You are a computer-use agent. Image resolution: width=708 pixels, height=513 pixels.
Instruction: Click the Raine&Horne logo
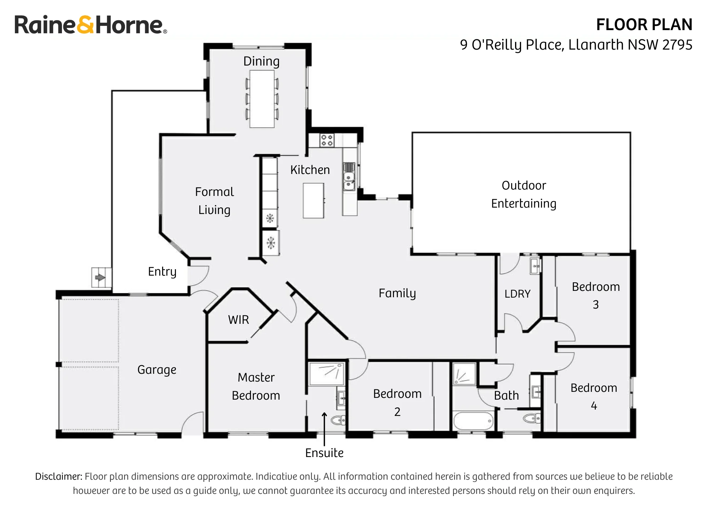91,25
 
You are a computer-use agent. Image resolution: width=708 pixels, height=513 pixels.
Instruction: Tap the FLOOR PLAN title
644,25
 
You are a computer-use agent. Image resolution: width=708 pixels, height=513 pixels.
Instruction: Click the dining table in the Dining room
262,99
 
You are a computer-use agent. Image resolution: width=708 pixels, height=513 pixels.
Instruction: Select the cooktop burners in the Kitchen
327,140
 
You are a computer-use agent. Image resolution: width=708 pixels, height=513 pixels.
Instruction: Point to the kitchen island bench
313,201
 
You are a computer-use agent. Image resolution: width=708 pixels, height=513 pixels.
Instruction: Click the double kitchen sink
349,181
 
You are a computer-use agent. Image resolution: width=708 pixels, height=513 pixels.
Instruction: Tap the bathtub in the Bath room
473,421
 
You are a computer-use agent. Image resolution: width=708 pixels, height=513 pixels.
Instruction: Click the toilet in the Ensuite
338,421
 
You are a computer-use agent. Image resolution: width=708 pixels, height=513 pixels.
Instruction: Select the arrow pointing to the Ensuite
324,429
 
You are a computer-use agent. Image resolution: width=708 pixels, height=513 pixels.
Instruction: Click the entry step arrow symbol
100,277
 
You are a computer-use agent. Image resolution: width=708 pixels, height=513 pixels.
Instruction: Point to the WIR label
239,320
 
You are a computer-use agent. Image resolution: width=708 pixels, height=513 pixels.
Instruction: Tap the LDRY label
518,294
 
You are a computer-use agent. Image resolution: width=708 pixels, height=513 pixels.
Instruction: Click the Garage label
157,370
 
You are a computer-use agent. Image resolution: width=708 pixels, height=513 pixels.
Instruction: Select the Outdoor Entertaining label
524,195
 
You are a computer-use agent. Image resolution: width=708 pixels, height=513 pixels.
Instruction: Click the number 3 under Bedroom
596,304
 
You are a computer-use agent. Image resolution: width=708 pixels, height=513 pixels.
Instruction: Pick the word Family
397,293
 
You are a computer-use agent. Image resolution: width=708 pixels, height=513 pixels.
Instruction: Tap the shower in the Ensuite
327,373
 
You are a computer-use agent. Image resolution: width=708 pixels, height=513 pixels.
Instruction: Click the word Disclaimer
59,477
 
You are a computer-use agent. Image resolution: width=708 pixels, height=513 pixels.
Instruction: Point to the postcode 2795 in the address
677,45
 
